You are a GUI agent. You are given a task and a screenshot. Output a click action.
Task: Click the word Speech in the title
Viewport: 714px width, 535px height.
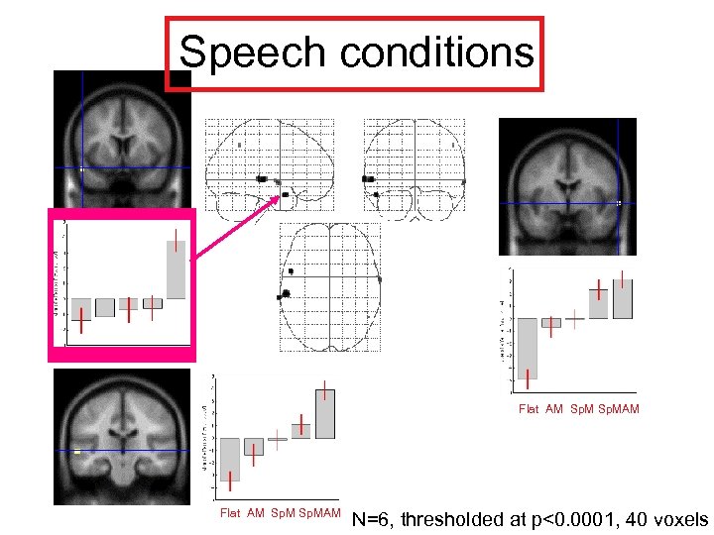[x=251, y=53]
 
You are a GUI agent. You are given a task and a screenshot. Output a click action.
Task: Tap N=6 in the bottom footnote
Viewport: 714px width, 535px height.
[x=374, y=519]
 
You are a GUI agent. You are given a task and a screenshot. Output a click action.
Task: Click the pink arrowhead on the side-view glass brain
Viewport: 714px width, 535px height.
[x=277, y=198]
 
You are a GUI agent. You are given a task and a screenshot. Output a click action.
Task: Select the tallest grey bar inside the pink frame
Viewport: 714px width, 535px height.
[x=176, y=269]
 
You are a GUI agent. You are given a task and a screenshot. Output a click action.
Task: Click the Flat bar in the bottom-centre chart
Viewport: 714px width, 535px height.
[x=230, y=459]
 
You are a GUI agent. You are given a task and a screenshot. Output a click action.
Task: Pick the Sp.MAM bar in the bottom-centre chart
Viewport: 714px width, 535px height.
[x=325, y=414]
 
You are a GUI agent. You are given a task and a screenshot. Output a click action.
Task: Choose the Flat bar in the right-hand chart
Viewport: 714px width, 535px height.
[x=528, y=348]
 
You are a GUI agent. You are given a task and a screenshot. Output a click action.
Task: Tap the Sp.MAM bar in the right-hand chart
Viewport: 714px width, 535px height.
[x=622, y=299]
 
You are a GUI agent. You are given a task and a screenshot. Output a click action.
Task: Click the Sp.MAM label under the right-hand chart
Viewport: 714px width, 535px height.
[x=621, y=408]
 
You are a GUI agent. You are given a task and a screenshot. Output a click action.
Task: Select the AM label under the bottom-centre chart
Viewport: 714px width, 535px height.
[x=256, y=513]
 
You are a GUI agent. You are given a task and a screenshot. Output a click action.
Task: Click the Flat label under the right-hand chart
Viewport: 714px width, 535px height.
[x=530, y=408]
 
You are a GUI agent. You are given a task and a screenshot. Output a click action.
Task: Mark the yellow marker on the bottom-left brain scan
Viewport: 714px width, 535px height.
[x=77, y=453]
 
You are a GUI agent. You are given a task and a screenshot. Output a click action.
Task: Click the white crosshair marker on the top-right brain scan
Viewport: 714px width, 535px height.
[x=618, y=202]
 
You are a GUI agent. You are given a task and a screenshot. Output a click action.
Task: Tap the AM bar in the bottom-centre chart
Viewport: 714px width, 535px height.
[x=254, y=447]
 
